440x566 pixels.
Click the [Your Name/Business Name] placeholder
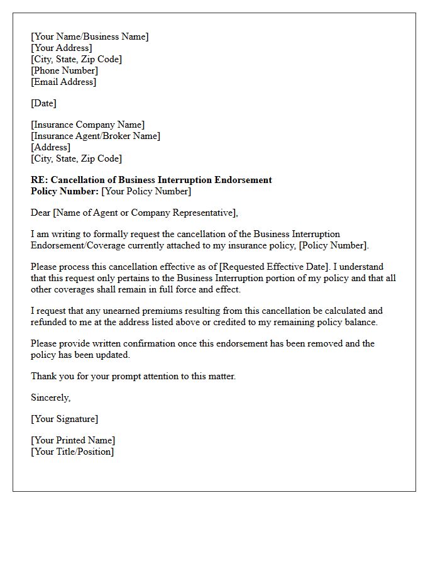click(x=90, y=36)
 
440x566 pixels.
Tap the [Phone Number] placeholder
click(x=64, y=70)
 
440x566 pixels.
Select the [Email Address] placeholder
click(x=63, y=82)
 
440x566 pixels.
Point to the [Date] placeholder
click(x=43, y=103)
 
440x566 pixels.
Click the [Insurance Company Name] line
click(x=87, y=125)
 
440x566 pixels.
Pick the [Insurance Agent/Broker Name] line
click(x=96, y=136)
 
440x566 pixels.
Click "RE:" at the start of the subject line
click(x=39, y=180)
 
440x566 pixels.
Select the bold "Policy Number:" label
click(x=65, y=191)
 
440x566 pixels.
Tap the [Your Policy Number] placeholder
click(x=146, y=191)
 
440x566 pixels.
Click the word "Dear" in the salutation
click(x=41, y=213)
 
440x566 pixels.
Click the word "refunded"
click(x=52, y=322)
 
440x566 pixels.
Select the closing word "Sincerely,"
click(x=50, y=397)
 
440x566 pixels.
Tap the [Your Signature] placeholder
click(x=64, y=419)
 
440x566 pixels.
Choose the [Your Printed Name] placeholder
click(x=73, y=440)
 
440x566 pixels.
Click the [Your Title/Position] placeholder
click(x=72, y=452)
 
